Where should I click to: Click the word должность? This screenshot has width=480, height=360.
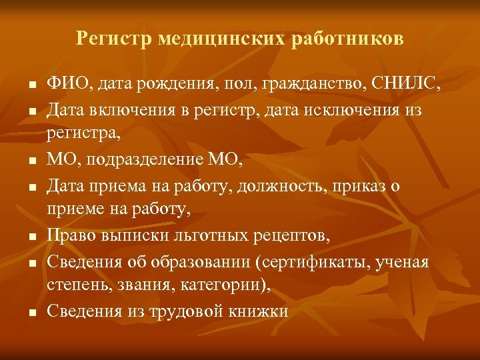point(261,185)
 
